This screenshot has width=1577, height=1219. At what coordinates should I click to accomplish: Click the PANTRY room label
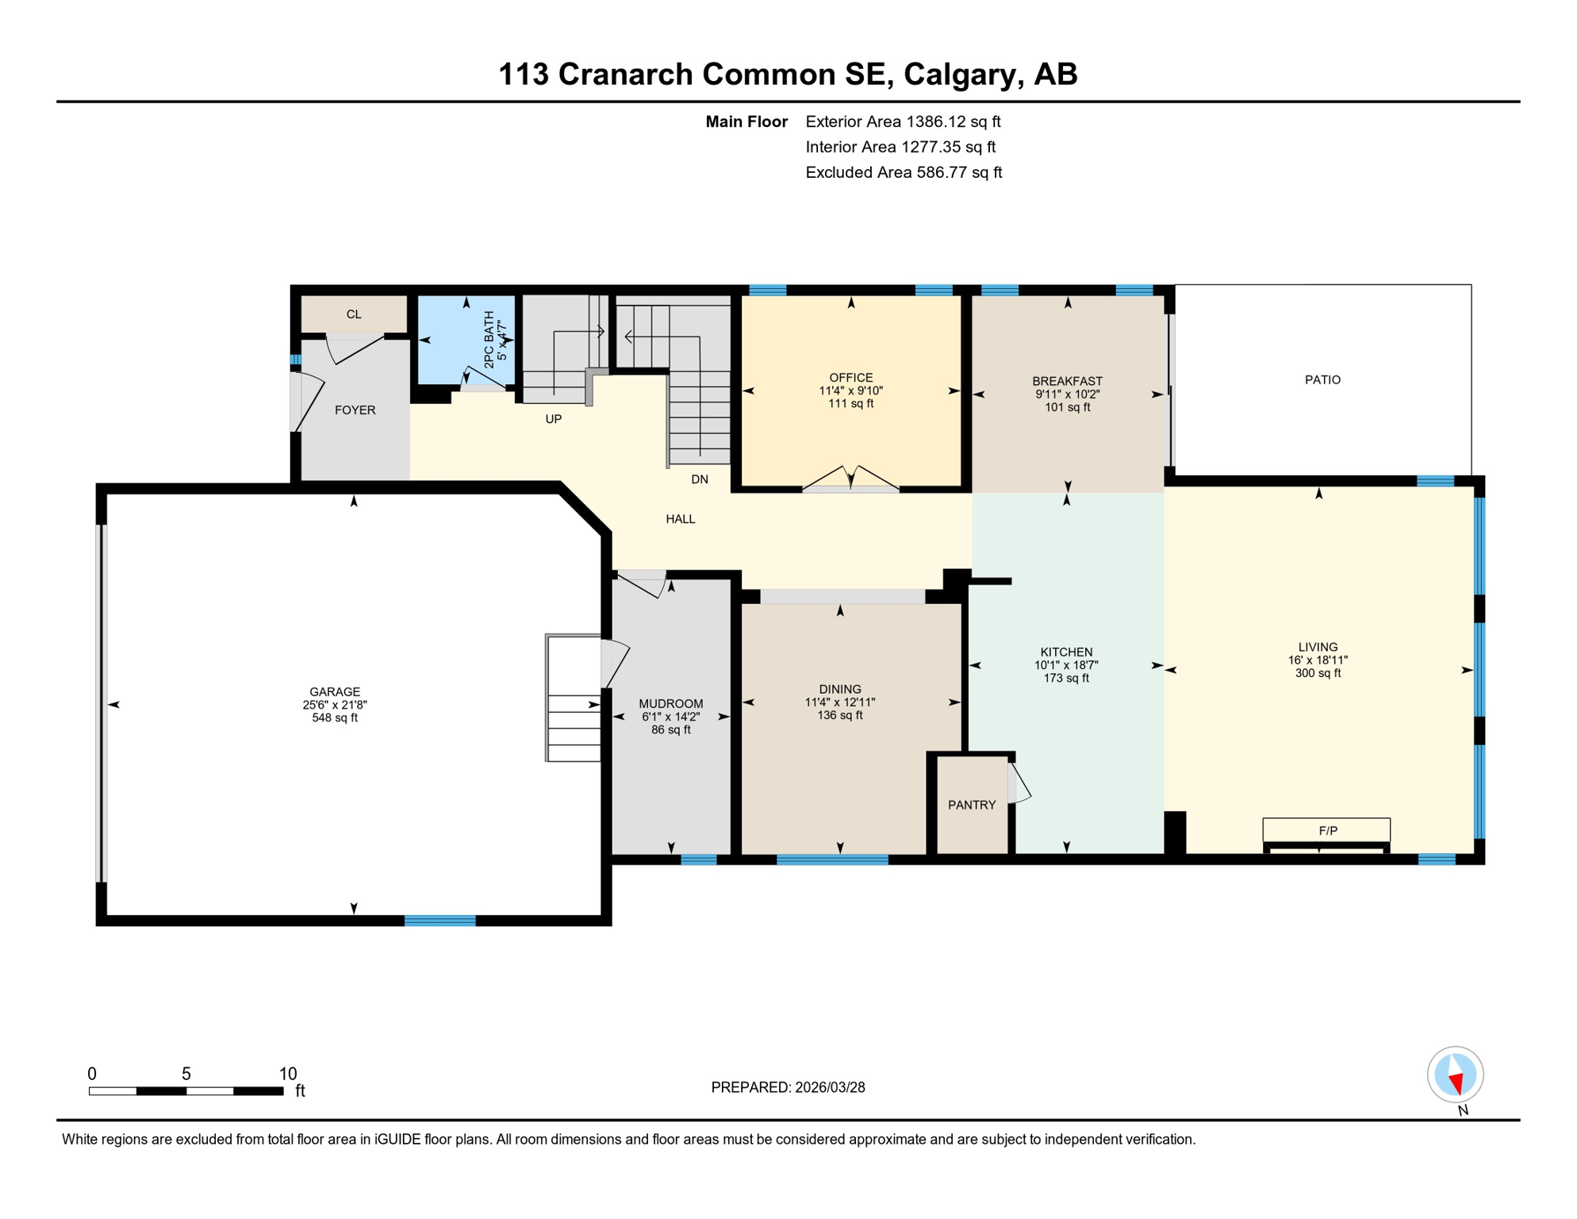click(x=971, y=805)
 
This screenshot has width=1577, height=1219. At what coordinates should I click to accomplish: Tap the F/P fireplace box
click(x=1326, y=830)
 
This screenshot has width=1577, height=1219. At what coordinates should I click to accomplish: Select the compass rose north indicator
click(x=1455, y=1075)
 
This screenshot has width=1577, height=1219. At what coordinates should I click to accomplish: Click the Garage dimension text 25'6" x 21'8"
click(x=334, y=705)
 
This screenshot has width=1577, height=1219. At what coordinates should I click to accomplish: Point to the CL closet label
click(x=354, y=314)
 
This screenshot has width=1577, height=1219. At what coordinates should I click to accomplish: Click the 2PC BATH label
click(x=489, y=339)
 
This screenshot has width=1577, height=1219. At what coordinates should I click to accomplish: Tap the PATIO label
click(x=1322, y=379)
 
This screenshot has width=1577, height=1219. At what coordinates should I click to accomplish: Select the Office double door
click(x=850, y=479)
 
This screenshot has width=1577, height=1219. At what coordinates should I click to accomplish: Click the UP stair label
click(x=553, y=419)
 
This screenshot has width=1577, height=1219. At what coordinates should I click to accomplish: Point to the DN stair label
click(x=699, y=479)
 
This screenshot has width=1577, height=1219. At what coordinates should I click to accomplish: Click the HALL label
click(x=680, y=519)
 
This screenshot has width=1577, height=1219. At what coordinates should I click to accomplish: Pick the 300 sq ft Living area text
click(x=1318, y=673)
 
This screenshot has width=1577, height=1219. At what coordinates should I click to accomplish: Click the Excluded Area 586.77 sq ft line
click(x=903, y=172)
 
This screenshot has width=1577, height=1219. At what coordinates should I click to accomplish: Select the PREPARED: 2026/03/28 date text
click(x=788, y=1087)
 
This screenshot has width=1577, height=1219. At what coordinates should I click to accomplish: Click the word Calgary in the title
click(x=959, y=74)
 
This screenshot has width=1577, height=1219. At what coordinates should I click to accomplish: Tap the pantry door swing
click(x=1019, y=783)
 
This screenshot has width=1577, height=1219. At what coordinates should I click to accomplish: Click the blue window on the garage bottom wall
click(x=439, y=921)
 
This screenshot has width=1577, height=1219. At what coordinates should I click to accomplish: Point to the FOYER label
click(x=355, y=410)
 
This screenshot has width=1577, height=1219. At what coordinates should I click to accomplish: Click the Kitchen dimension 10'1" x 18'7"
click(x=1065, y=665)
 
